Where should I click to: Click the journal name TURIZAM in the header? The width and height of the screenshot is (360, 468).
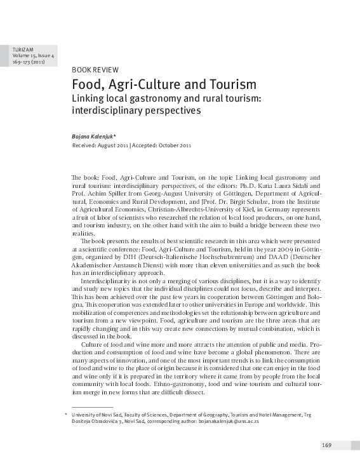coord(22,49)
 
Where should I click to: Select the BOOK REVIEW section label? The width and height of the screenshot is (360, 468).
coord(96,69)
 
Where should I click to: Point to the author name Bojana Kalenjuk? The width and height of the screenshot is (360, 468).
coord(95,136)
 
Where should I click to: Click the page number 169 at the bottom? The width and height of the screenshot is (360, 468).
coord(327,445)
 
